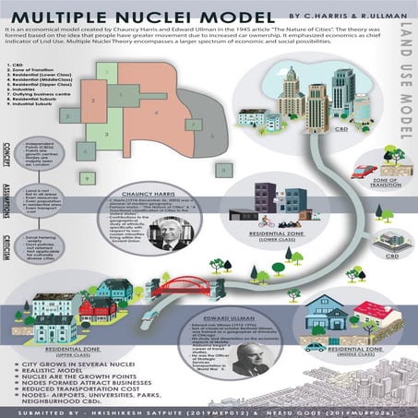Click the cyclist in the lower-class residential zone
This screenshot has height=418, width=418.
coord(269,222)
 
